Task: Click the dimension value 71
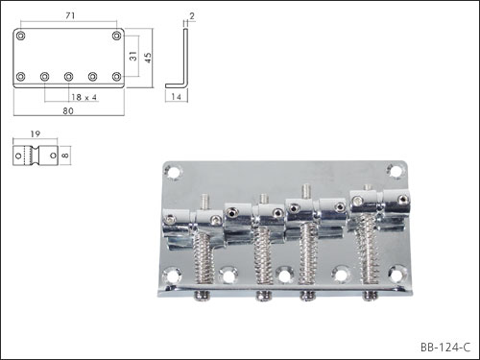point(70,15)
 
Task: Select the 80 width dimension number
point(68,110)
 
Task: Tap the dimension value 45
point(148,58)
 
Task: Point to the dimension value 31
point(133,56)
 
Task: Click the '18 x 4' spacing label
point(84,97)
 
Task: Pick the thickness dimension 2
point(192,16)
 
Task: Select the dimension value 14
point(176,96)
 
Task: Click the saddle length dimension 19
point(36,133)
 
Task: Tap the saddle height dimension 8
point(64,156)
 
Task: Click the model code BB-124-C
point(445,347)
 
